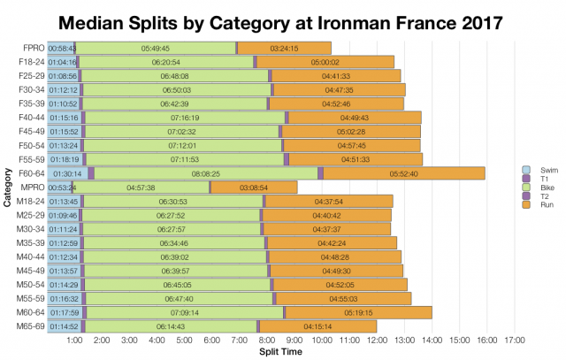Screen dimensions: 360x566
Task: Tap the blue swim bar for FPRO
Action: [62, 48]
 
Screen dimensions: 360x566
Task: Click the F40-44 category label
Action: [30, 118]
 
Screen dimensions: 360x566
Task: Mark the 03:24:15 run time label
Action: [284, 48]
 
